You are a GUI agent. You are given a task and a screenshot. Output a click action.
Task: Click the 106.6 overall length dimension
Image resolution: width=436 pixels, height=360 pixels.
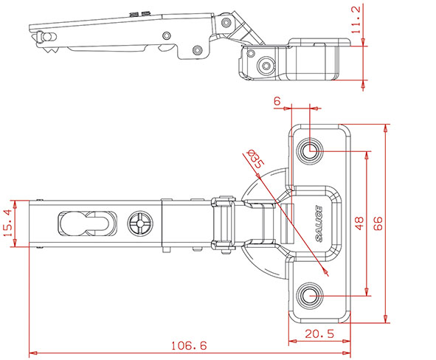coord(189,346)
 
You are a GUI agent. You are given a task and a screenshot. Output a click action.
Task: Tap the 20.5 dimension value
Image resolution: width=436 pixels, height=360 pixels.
coord(319,333)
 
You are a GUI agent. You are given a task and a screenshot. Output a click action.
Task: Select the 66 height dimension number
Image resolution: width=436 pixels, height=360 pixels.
coord(378,224)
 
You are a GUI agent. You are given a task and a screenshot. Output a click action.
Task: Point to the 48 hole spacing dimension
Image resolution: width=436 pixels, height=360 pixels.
coord(359,224)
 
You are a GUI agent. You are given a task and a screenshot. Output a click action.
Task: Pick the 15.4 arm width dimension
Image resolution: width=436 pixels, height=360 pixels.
coord(8,223)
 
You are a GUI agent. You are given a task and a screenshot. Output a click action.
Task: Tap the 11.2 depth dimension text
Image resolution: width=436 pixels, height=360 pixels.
coord(356,20)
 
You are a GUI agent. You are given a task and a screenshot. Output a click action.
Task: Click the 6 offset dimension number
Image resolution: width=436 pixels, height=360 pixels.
coord(277,101)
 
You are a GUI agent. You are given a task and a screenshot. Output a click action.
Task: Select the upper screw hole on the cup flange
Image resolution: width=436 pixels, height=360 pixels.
coord(310,151)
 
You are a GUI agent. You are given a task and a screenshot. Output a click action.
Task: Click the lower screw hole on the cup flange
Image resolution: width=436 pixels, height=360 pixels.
coord(310,295)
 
